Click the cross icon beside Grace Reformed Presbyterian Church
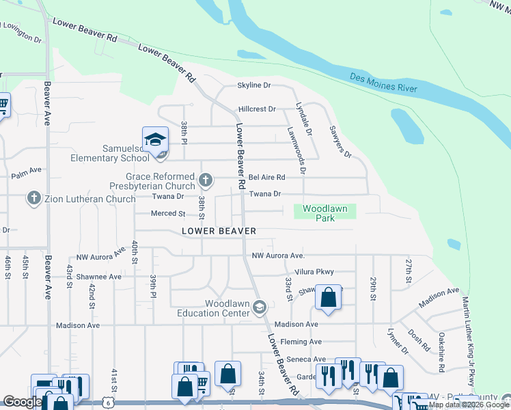coord(205,180)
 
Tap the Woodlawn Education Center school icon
coord(259,308)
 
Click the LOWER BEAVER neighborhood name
coord(219,232)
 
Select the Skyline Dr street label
coord(254,85)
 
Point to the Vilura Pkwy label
coord(315,271)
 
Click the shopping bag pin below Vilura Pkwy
coord(328,298)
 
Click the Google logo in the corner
coord(22,402)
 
